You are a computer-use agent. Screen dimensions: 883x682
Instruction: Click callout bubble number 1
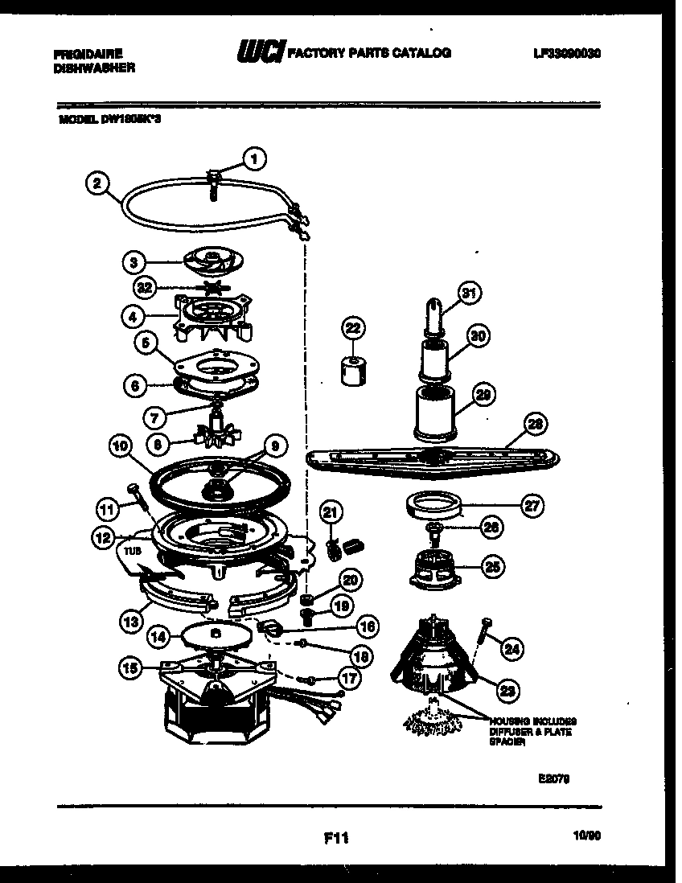254,158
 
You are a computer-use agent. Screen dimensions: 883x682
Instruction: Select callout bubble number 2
97,183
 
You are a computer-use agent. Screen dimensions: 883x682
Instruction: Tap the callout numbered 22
353,327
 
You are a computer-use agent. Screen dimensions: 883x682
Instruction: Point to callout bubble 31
469,294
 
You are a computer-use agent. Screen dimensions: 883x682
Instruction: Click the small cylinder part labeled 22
351,371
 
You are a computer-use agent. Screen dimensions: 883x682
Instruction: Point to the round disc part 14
212,634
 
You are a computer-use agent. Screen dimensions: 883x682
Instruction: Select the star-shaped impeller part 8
216,435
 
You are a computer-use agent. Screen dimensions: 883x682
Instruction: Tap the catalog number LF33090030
567,53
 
